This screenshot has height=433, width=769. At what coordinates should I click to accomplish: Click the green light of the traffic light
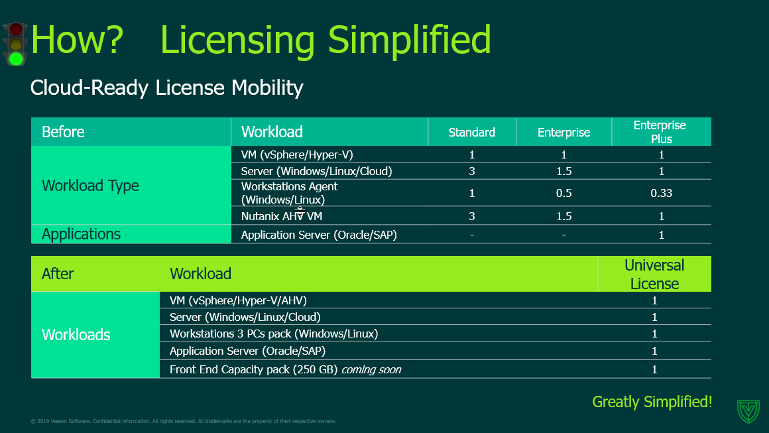[16, 59]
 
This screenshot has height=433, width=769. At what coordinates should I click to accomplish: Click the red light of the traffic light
[16, 30]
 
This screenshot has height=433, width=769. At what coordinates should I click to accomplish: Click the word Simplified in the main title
[410, 40]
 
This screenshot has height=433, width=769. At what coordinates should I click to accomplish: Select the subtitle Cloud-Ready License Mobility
[167, 88]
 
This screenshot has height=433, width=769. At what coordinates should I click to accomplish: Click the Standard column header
[472, 133]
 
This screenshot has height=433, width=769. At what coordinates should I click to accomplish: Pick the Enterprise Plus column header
[660, 132]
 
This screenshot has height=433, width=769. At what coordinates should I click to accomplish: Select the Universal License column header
[654, 274]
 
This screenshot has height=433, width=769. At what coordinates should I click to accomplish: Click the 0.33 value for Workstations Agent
[661, 193]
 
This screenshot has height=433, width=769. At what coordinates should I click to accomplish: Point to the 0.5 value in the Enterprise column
[563, 193]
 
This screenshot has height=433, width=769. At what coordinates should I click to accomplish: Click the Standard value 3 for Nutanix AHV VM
[472, 216]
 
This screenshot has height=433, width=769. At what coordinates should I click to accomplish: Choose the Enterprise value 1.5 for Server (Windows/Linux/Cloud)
[563, 171]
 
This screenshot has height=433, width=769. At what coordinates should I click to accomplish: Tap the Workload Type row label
[90, 186]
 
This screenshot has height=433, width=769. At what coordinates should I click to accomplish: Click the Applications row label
[81, 234]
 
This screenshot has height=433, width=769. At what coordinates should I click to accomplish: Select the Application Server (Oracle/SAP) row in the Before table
[319, 235]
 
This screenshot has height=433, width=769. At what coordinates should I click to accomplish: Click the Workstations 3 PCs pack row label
[274, 334]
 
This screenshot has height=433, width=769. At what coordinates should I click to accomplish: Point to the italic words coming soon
[371, 370]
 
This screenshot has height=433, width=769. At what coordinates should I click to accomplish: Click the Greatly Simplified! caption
[652, 402]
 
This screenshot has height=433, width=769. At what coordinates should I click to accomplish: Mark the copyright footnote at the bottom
[184, 421]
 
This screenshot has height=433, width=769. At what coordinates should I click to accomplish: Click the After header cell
[58, 274]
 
